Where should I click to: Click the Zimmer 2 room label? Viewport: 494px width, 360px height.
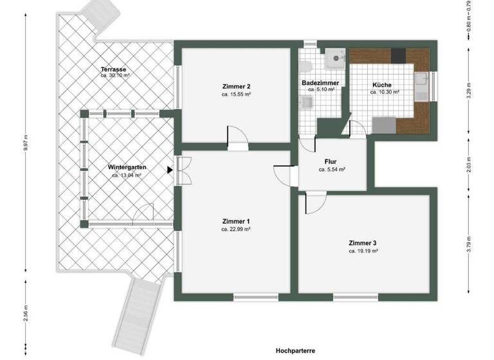point(235,86)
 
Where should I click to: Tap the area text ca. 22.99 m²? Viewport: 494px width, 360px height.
point(235,229)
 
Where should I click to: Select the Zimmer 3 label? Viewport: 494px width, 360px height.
point(363,243)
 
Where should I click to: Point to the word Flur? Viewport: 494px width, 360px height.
point(332,162)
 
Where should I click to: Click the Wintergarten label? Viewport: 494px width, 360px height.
point(127,167)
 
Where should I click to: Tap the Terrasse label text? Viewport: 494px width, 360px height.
point(113,69)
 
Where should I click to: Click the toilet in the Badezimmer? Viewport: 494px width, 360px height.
point(306,66)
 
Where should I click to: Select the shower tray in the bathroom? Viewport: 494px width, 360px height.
point(334,59)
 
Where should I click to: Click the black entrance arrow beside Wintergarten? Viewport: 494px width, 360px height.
point(170,170)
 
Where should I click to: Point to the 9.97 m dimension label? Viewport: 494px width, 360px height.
point(26,143)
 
